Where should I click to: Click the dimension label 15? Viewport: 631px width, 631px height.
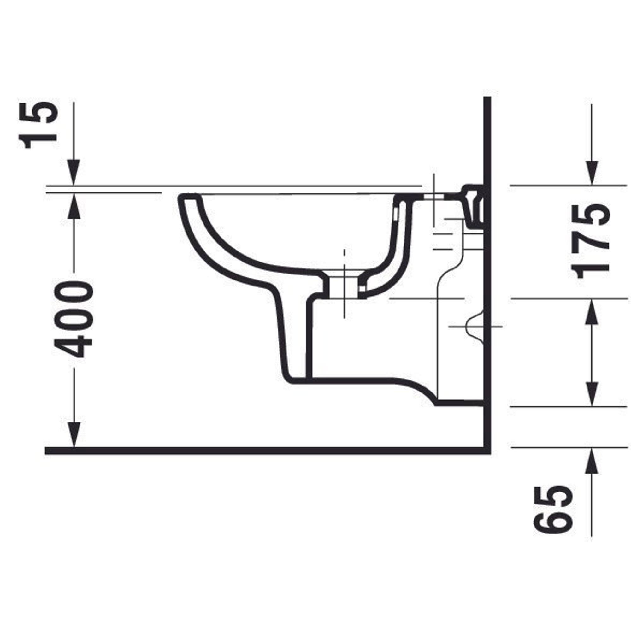coord(39,126)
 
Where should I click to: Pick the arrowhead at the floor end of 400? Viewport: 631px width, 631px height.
coord(74,435)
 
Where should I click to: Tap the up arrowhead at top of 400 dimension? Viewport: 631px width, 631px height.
coord(74,206)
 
